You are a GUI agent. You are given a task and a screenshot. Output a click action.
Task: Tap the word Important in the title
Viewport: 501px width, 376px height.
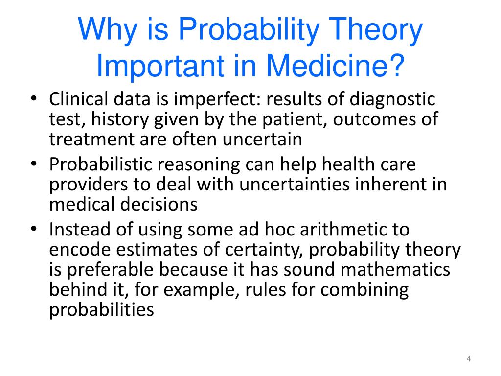coord(160,66)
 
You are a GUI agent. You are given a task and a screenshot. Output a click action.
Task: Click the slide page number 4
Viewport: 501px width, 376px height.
coord(468,359)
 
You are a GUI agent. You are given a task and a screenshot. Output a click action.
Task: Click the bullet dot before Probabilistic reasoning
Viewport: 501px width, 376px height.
coord(34,164)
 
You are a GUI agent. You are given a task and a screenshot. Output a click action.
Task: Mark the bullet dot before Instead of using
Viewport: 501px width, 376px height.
coord(34,229)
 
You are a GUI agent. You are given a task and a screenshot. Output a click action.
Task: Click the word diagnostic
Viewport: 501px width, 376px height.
coord(392,99)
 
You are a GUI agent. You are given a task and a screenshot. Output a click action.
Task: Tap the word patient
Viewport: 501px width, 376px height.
coord(295,119)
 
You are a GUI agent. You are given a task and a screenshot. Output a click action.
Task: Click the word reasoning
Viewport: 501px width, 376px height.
coord(199,165)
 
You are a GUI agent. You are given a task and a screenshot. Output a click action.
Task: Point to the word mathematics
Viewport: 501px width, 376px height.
coord(395,270)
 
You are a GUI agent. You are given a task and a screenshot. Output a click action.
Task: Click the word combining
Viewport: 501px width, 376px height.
coord(364,290)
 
